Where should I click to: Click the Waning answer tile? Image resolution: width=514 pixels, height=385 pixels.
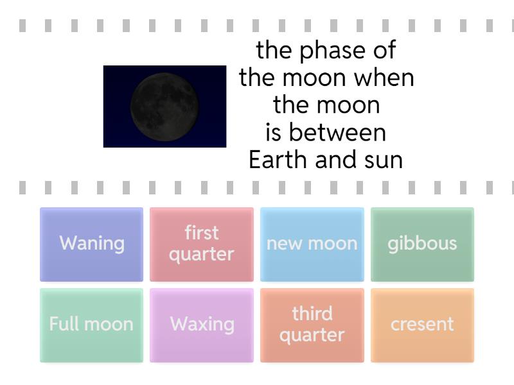(92, 244)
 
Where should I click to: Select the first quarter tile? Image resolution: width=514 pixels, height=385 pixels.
(202, 244)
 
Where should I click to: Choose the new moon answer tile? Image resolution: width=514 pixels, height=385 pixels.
(312, 244)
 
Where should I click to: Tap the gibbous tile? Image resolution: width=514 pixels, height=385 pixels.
(422, 244)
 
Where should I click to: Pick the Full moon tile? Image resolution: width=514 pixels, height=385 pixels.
(92, 325)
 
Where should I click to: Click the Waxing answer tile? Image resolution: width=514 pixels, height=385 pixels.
(202, 325)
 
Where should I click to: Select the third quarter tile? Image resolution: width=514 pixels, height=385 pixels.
(312, 325)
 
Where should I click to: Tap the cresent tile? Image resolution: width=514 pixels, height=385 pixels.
(422, 325)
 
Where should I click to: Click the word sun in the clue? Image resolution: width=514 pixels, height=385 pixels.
(385, 160)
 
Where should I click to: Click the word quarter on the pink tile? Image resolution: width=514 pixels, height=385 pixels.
(202, 255)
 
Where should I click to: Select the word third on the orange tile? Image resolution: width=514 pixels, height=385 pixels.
(312, 314)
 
